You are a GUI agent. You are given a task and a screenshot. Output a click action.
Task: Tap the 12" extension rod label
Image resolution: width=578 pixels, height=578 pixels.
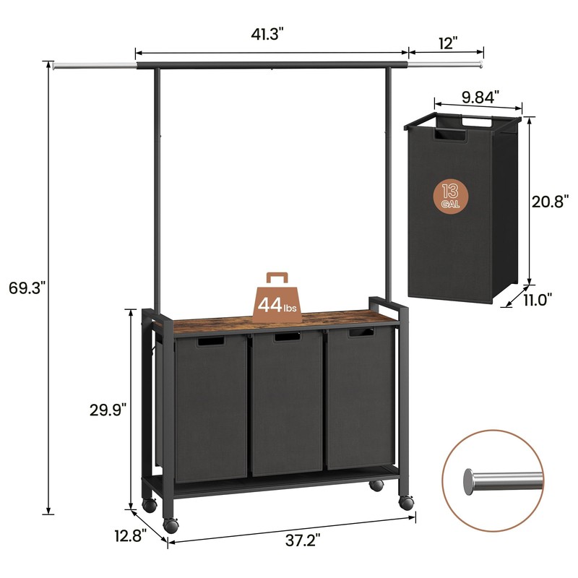447,43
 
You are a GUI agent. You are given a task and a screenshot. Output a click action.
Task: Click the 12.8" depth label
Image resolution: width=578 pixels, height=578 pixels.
130,535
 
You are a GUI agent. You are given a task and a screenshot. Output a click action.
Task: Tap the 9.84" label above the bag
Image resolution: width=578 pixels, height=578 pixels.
480,95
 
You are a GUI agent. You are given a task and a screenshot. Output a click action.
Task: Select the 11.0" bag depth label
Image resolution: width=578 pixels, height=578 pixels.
537,297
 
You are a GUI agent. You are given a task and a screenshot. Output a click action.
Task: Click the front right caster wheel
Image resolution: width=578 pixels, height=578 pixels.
406,502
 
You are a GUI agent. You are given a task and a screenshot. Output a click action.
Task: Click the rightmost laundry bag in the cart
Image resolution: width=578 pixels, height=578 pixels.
360,401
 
